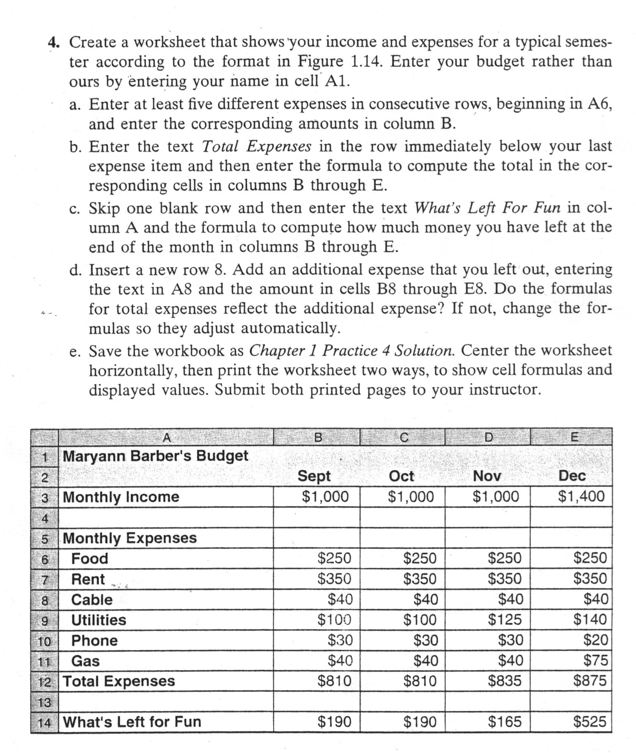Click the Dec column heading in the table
pos(572,476)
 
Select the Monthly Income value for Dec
pos(581,497)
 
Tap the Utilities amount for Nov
pos(505,619)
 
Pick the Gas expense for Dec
pos(595,660)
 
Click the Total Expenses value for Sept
pos(334,681)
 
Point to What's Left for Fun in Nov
pos(505,722)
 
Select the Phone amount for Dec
pos(595,640)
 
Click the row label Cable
pos(92,599)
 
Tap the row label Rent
pos(88,579)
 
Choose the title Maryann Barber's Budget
pos(155,456)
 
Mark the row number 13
pos(44,702)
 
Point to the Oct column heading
pos(401,476)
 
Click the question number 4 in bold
pos(53,42)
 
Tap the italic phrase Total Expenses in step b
pos(257,147)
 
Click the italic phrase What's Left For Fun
pos(487,208)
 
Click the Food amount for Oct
pos(420,558)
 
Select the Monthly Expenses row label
pos(129,538)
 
